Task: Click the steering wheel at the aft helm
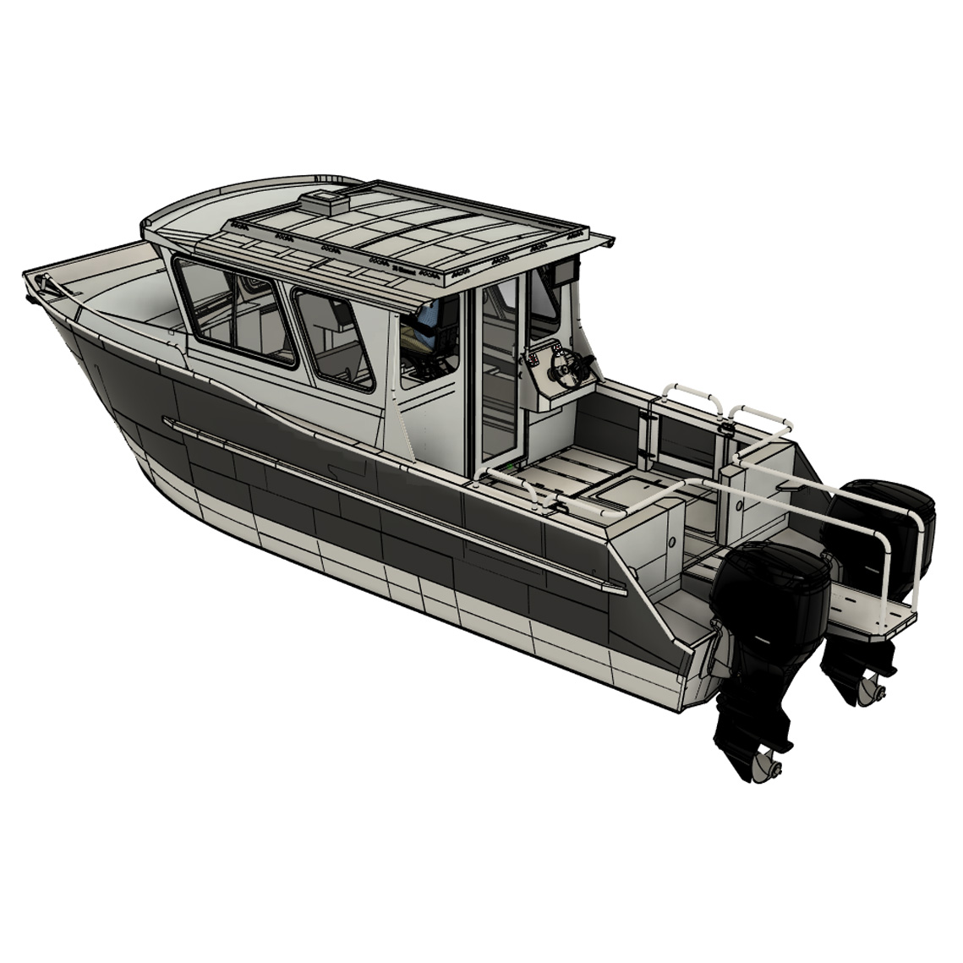click(565, 365)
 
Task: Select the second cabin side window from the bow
click(334, 338)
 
